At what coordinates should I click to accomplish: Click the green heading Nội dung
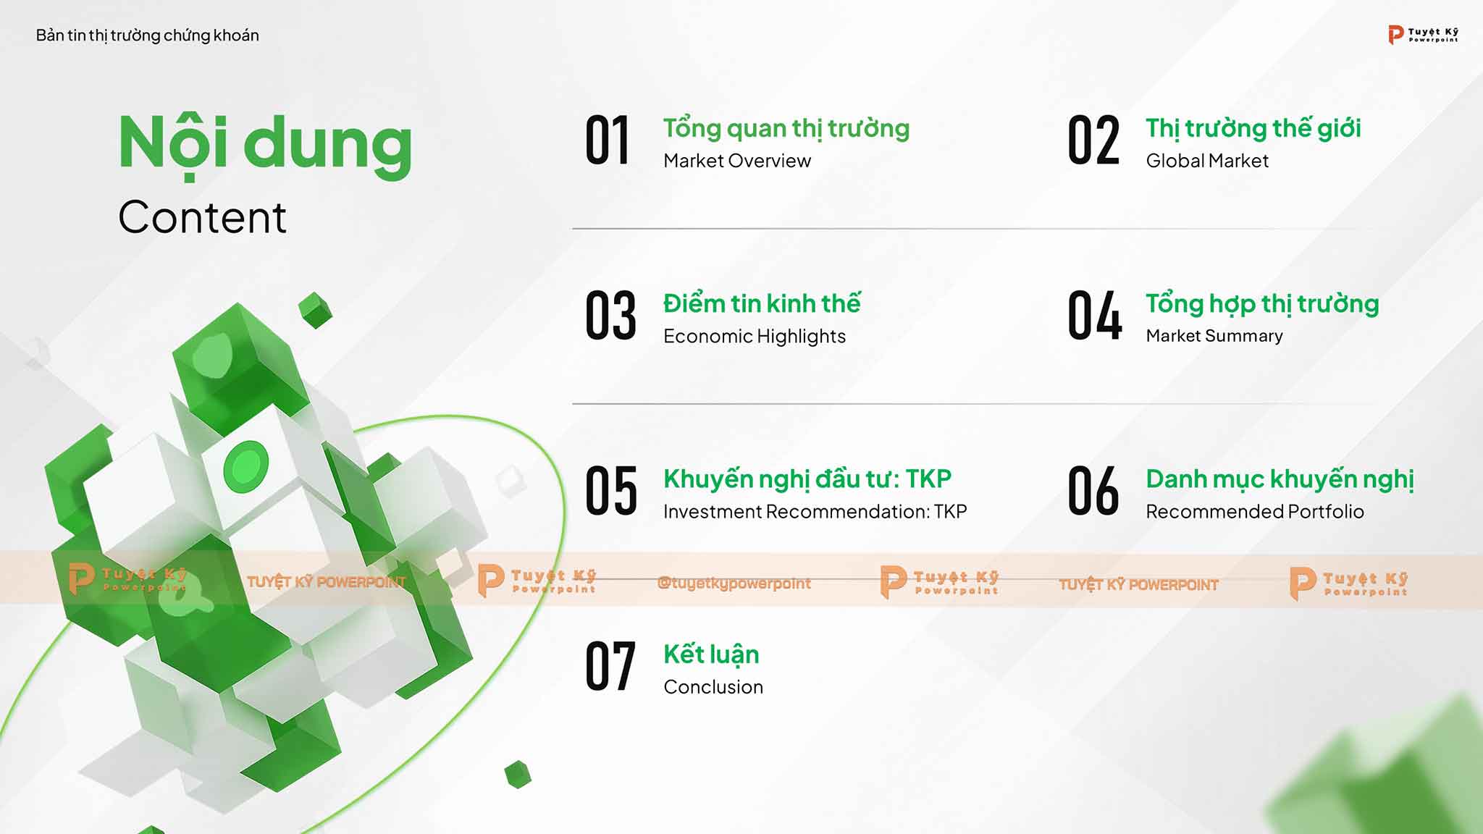tap(265, 145)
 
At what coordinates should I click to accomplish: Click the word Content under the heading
tap(202, 217)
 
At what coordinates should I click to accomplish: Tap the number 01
tap(608, 140)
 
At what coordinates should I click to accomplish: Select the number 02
tap(1093, 140)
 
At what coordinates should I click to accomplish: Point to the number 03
tap(610, 315)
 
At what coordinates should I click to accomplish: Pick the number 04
tap(1095, 315)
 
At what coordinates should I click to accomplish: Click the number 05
tap(611, 491)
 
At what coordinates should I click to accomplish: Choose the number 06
tap(1093, 491)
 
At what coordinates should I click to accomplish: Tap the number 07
tap(610, 666)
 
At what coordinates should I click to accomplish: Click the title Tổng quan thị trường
tap(786, 129)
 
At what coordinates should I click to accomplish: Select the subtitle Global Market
tap(1207, 161)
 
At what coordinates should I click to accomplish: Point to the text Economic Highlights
tap(755, 337)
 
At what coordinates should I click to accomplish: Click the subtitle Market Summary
tap(1214, 336)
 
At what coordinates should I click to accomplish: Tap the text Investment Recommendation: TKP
tap(815, 512)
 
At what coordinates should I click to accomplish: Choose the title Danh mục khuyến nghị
tap(1280, 479)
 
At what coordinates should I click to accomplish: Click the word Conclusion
tap(713, 687)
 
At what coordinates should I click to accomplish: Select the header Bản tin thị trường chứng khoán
tap(148, 35)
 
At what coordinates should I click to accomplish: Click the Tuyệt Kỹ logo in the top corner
tap(1423, 34)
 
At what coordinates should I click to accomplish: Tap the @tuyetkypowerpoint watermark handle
tap(734, 584)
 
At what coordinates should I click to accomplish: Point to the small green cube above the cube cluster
tap(316, 310)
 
